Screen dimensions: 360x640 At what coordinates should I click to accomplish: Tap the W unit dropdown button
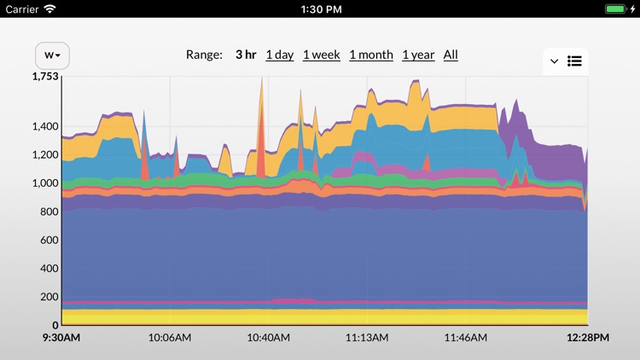[x=52, y=55]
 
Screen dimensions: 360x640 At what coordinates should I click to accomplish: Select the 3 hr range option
[x=246, y=55]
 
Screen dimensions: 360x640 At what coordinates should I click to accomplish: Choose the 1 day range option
[x=279, y=55]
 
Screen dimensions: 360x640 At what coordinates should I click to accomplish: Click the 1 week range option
[x=321, y=55]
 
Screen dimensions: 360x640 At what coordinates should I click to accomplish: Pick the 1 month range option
[x=371, y=55]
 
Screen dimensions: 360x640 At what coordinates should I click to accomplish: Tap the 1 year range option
[x=418, y=55]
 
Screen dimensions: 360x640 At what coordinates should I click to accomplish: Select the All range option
[x=451, y=55]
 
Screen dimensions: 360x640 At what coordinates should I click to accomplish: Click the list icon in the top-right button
[x=574, y=61]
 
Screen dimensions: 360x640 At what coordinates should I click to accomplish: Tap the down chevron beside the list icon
[x=554, y=61]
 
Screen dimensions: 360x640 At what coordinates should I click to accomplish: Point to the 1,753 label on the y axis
[x=45, y=77]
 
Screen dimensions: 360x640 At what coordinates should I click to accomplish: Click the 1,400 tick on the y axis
[x=45, y=127]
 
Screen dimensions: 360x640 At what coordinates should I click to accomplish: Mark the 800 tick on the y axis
[x=49, y=212]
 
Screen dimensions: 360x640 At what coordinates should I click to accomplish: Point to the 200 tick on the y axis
[x=49, y=297]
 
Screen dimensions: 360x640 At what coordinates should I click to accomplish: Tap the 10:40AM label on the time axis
[x=268, y=338]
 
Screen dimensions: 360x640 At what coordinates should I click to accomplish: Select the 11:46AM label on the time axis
[x=465, y=338]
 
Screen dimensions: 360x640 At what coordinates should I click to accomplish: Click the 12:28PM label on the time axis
[x=589, y=338]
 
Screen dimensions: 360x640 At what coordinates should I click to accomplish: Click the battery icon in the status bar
[x=619, y=9]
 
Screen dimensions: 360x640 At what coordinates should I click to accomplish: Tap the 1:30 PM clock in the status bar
[x=321, y=9]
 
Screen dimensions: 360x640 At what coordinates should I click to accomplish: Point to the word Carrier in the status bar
[x=22, y=9]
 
